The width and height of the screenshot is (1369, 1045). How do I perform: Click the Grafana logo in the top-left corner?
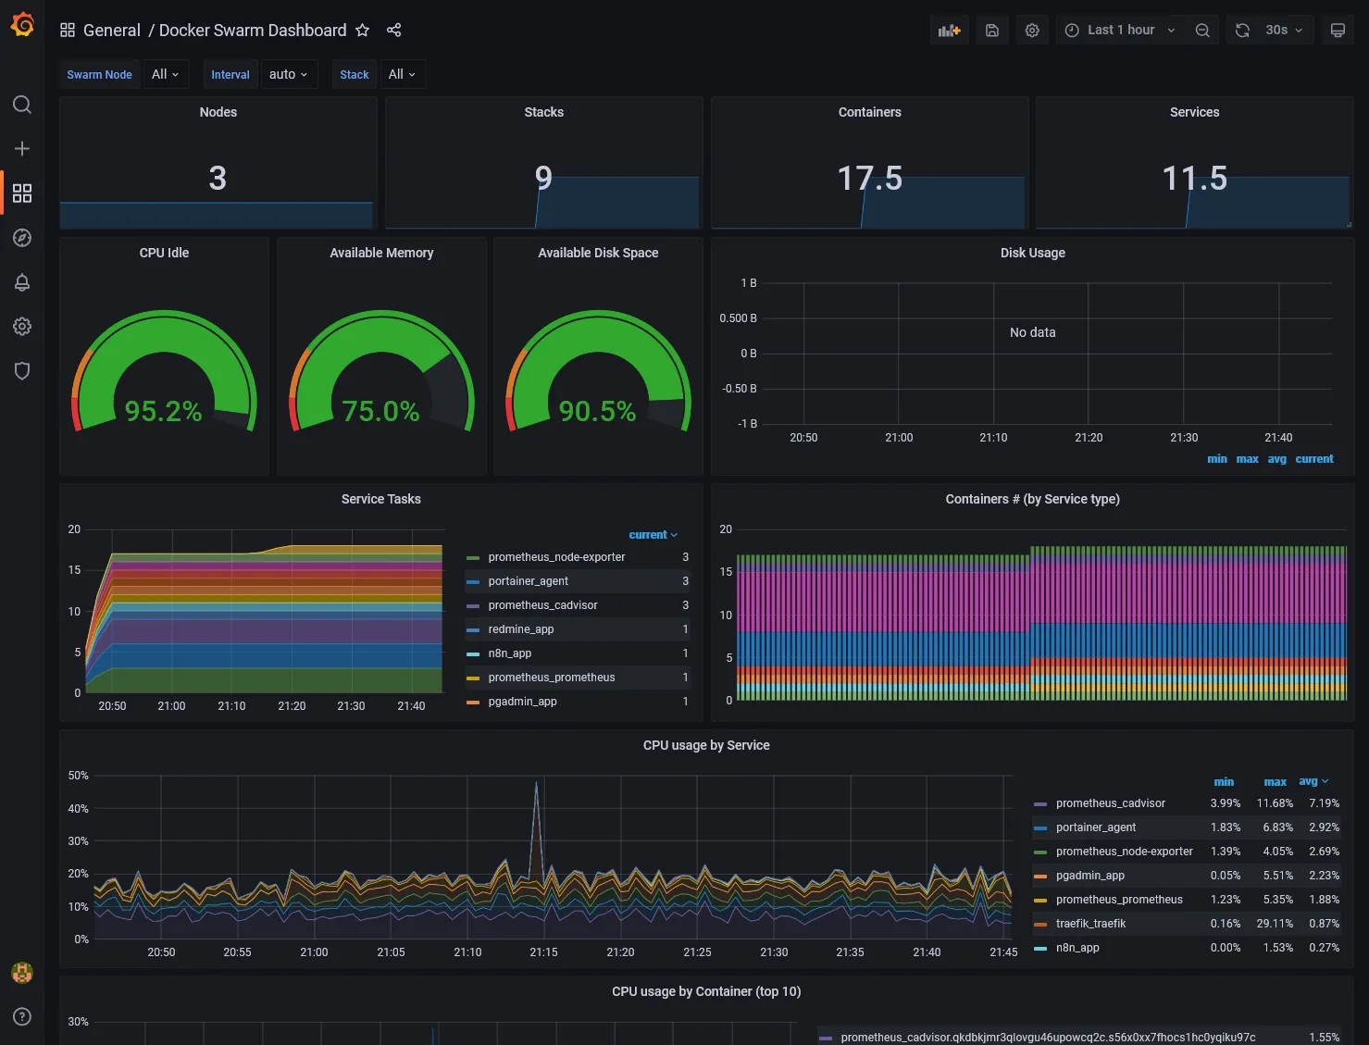[x=22, y=25]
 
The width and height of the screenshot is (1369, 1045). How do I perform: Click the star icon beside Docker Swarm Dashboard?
[x=363, y=31]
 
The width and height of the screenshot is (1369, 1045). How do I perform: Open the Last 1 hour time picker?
[x=1120, y=31]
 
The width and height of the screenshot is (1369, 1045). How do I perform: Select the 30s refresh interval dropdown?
[x=1283, y=31]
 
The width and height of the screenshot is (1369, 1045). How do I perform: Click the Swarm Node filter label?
[x=99, y=75]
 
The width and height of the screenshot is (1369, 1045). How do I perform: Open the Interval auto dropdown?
[x=288, y=75]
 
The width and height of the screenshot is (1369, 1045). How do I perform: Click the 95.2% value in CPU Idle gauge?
[x=163, y=411]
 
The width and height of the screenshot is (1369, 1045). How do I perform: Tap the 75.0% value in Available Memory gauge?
[x=380, y=411]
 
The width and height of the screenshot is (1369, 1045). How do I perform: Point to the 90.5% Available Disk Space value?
[x=597, y=411]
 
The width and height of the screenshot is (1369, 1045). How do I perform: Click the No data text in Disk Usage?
[x=1032, y=332]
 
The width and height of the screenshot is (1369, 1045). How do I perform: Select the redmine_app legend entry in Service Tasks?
[x=520, y=629]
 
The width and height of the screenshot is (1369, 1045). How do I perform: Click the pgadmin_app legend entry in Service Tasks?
[x=522, y=702]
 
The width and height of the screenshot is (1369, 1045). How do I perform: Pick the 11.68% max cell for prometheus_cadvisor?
[x=1275, y=803]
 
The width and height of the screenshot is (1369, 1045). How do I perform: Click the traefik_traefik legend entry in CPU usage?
[x=1090, y=924]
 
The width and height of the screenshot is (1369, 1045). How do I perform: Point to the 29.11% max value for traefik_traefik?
[x=1275, y=924]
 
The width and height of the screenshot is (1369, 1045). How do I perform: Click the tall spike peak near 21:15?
[x=536, y=783]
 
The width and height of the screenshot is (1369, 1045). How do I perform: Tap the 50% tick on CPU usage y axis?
[x=79, y=776]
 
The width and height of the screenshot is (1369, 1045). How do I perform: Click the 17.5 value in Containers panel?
[x=869, y=178]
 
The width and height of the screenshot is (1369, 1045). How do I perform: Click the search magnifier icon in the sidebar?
[x=22, y=105]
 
